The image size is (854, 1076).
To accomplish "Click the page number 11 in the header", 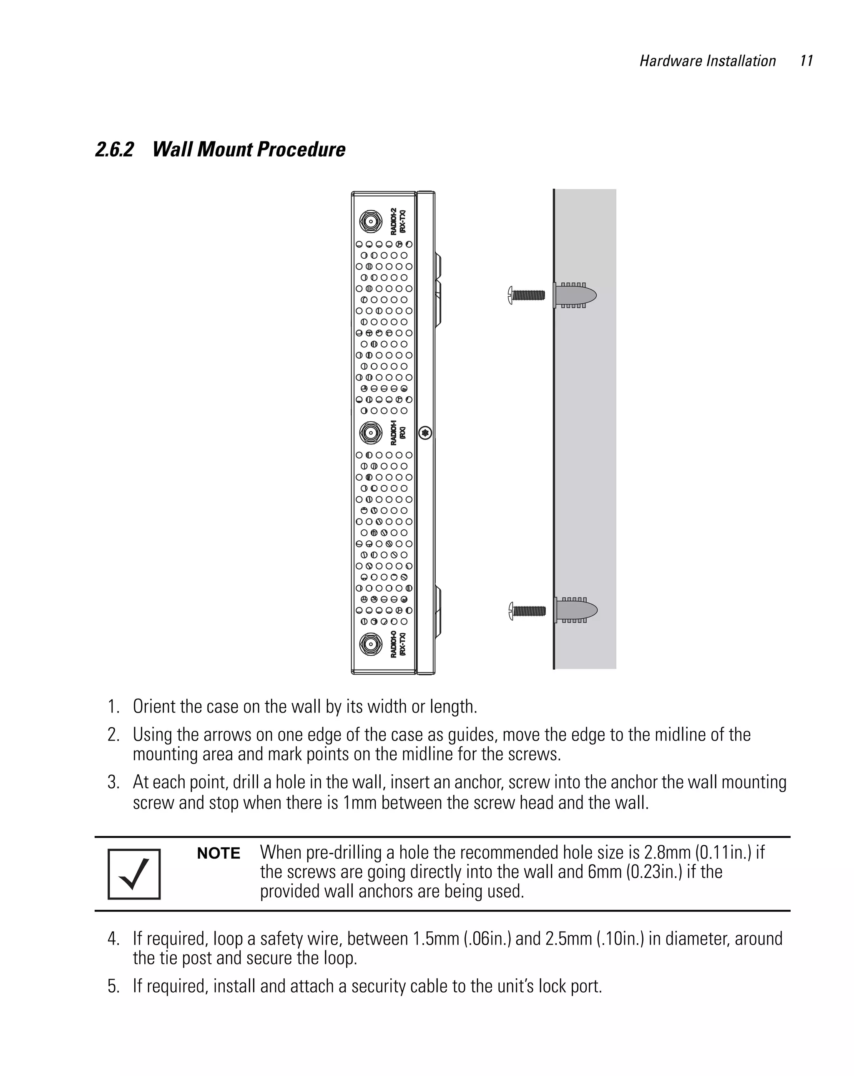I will pyautogui.click(x=806, y=61).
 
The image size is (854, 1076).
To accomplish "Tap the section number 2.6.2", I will pyautogui.click(x=115, y=150).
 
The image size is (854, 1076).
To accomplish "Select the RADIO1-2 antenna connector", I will pyautogui.click(x=370, y=222).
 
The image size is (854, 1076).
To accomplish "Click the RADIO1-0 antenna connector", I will pyautogui.click(x=370, y=644).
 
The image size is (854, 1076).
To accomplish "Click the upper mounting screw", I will pyautogui.click(x=527, y=295).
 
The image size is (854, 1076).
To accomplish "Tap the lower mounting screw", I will pyautogui.click(x=527, y=610).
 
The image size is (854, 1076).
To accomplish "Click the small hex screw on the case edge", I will pyautogui.click(x=425, y=433).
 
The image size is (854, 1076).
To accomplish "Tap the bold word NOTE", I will pyautogui.click(x=219, y=853).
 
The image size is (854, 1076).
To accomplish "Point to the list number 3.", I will pyautogui.click(x=113, y=782).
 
